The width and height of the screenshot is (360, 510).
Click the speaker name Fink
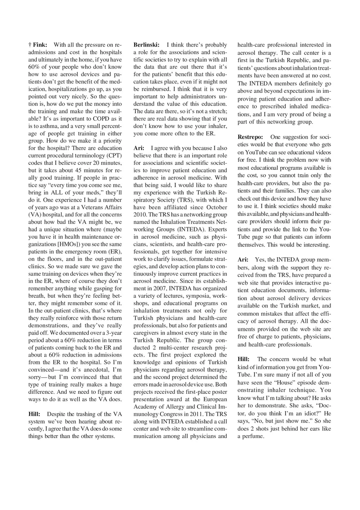pyautogui.click(x=40, y=45)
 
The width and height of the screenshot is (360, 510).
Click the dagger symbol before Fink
pyautogui.click(x=30, y=45)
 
